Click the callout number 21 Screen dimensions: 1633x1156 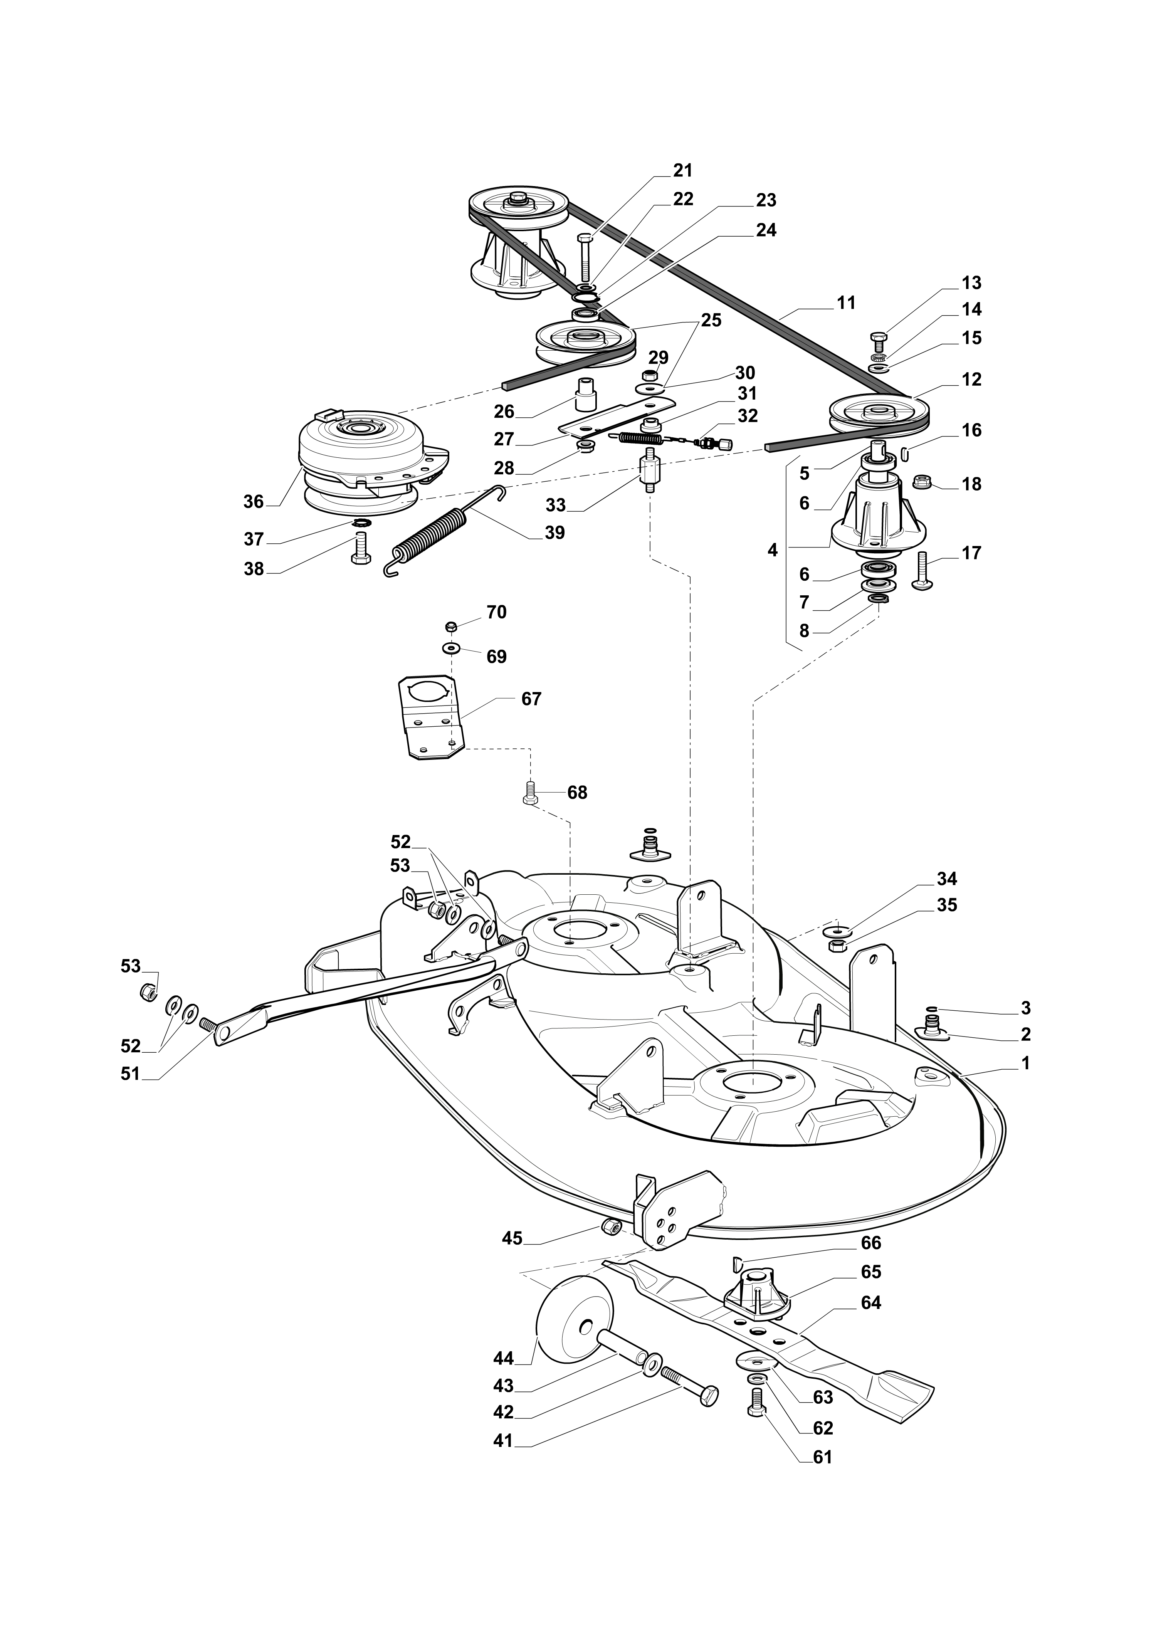(x=682, y=171)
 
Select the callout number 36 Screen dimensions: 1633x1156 (x=254, y=502)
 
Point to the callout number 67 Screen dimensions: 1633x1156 (x=531, y=699)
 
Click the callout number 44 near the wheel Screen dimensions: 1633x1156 (x=503, y=1359)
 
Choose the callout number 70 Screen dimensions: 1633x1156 (x=496, y=612)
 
